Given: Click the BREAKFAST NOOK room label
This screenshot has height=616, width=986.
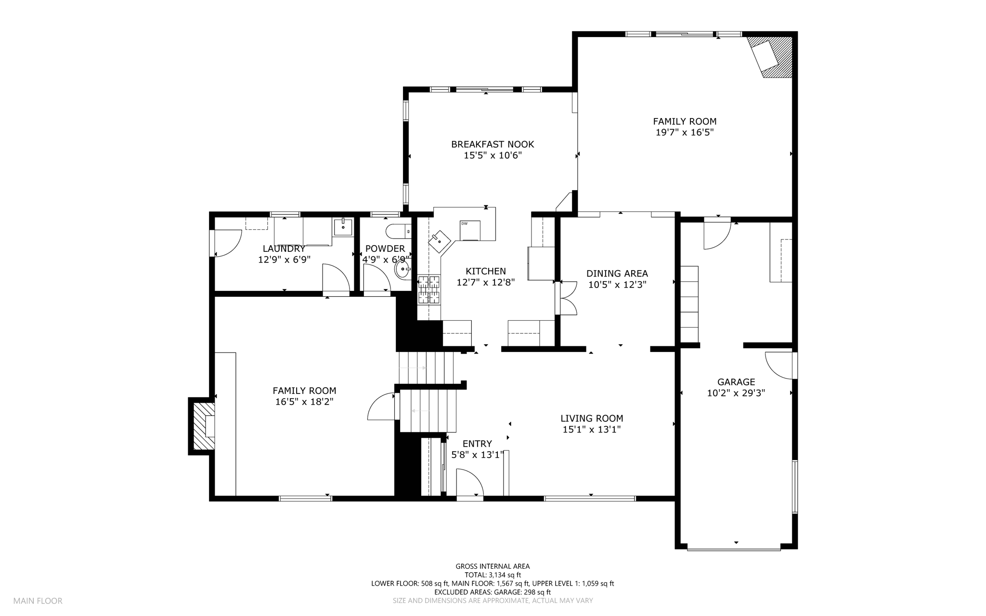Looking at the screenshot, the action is [493, 144].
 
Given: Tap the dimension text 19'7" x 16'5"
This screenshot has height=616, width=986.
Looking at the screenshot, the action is [685, 132].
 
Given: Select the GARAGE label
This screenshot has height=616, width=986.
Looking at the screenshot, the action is [736, 382].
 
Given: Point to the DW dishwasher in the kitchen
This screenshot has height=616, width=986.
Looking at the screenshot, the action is [470, 230].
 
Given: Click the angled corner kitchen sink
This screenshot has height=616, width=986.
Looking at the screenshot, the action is [440, 241].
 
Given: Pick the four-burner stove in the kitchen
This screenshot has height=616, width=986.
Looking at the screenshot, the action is [428, 289].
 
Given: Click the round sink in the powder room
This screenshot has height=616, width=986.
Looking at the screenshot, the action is [402, 269].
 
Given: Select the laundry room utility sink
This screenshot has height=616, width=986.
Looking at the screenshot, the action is [343, 226].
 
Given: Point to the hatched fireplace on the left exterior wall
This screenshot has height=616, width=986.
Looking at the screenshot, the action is [204, 426].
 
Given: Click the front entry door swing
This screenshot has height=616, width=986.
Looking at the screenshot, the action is [469, 482].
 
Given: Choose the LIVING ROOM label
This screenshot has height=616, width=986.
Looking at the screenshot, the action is [592, 419].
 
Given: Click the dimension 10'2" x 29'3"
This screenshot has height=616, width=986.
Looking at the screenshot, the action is [736, 393].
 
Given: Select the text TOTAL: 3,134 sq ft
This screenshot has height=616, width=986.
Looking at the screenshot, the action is [493, 575].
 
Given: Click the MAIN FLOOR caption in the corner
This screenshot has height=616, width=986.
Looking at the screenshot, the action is [38, 601].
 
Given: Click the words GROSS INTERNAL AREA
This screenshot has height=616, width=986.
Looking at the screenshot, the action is [493, 566].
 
